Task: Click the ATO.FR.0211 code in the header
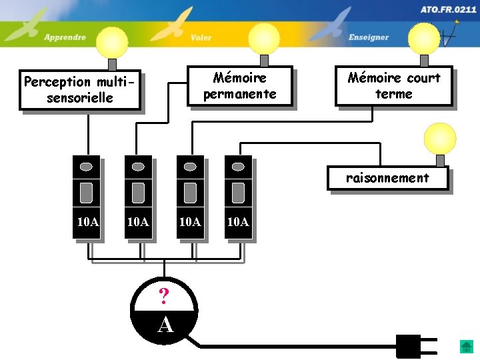point(448,10)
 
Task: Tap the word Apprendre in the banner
point(65,37)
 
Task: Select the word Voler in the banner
point(201,37)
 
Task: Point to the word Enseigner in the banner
point(368,37)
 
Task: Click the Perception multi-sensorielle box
point(80,90)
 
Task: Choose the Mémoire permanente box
point(239,86)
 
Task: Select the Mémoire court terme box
point(393,86)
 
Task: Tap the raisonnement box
point(387,178)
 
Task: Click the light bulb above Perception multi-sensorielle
point(111,43)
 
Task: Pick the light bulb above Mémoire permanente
point(264,38)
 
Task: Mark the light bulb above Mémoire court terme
point(423,38)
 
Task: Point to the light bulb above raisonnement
point(440,139)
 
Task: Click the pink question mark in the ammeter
point(164,295)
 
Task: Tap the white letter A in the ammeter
point(165,325)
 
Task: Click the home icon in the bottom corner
point(466,347)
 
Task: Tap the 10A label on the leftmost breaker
point(87,222)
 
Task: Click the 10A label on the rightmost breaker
point(238,222)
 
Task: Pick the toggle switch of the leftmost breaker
point(86,193)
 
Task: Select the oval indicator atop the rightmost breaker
point(238,166)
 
